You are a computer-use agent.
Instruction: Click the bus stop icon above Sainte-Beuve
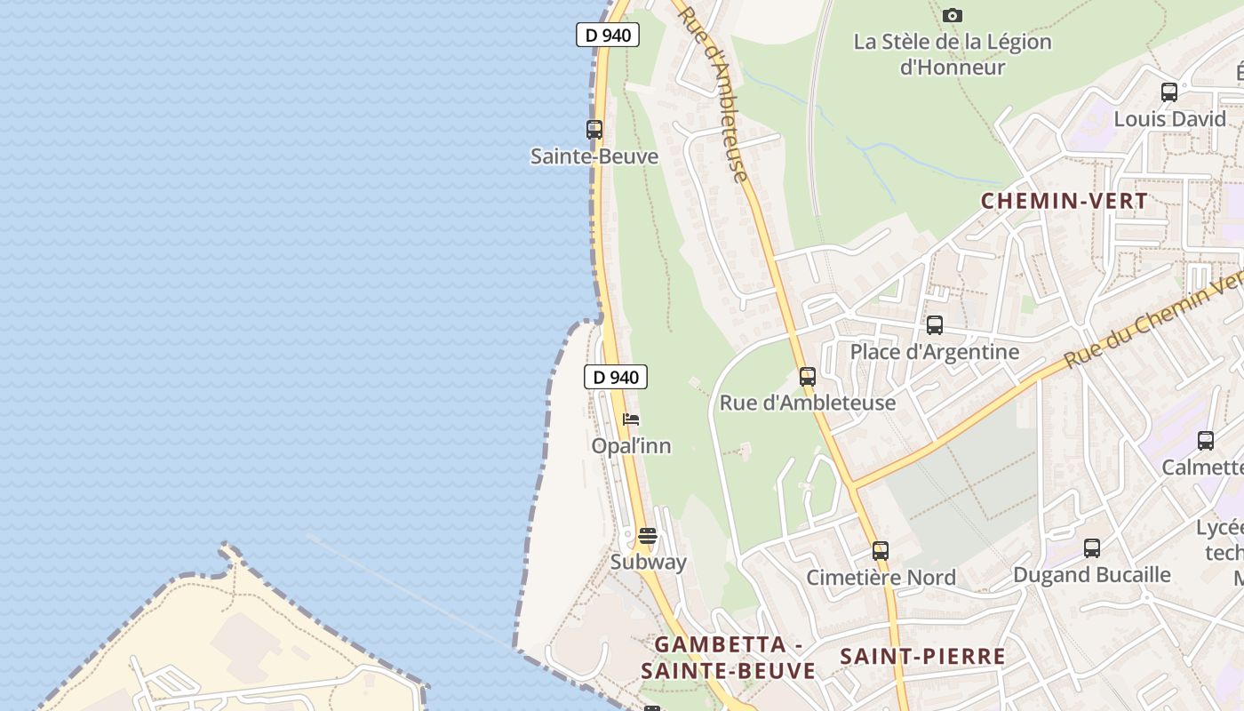pyautogui.click(x=594, y=130)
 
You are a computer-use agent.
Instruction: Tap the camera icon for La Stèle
pyautogui.click(x=953, y=15)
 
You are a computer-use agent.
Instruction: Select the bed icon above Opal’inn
pyautogui.click(x=631, y=419)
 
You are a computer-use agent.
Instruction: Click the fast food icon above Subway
pyautogui.click(x=648, y=536)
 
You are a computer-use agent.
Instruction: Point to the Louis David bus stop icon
pyautogui.click(x=1169, y=92)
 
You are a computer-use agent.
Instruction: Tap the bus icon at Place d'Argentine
pyautogui.click(x=934, y=325)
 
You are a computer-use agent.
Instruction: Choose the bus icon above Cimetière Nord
pyautogui.click(x=880, y=551)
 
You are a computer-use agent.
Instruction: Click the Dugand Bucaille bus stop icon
pyautogui.click(x=1092, y=548)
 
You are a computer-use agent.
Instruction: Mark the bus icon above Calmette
pyautogui.click(x=1206, y=440)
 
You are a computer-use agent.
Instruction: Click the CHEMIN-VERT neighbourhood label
pyautogui.click(x=1065, y=201)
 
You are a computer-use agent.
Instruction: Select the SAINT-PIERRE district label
pyautogui.click(x=923, y=657)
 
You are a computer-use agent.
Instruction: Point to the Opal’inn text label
pyautogui.click(x=632, y=445)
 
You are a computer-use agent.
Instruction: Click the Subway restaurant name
pyautogui.click(x=649, y=562)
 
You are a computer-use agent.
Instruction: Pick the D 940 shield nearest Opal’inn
pyautogui.click(x=616, y=377)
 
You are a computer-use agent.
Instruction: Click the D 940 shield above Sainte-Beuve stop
pyautogui.click(x=608, y=35)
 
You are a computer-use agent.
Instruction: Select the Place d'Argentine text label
pyautogui.click(x=935, y=351)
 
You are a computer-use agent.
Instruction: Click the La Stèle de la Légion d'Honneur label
pyautogui.click(x=953, y=54)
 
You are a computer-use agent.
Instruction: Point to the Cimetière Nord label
pyautogui.click(x=881, y=578)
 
